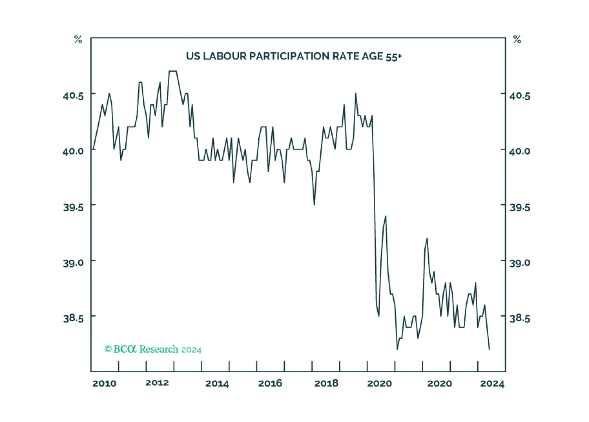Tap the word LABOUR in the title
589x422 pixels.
(x=225, y=56)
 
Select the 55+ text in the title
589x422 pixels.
(x=394, y=57)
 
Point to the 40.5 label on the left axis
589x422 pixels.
(x=73, y=96)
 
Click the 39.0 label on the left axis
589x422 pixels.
(x=73, y=263)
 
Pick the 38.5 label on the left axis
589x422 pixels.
(x=73, y=318)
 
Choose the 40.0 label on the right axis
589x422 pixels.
(x=520, y=151)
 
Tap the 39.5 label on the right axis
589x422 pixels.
(x=520, y=208)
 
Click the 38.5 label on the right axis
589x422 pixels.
(x=520, y=318)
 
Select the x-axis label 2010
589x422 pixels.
(x=104, y=384)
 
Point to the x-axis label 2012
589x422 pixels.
(x=157, y=383)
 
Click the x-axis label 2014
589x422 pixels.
(x=217, y=384)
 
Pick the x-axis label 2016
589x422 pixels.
(x=270, y=383)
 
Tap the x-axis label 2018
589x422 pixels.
(x=326, y=383)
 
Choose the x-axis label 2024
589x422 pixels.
(x=492, y=384)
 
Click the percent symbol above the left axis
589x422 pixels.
(x=78, y=39)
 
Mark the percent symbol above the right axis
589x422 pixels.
(x=517, y=39)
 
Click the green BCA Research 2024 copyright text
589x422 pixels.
(x=153, y=349)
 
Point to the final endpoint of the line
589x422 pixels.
(x=489, y=349)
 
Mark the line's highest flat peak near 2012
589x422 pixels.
(x=173, y=71)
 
